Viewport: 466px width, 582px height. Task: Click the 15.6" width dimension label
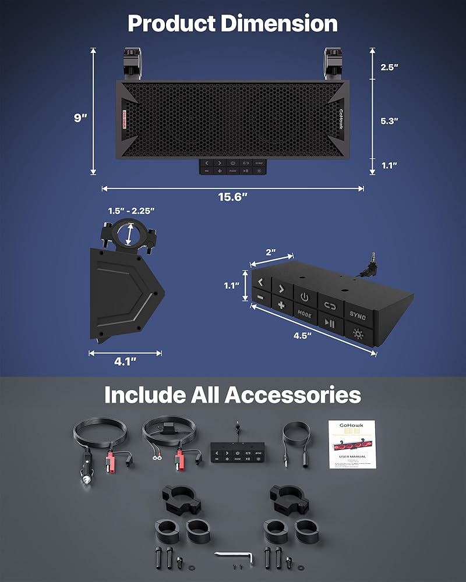233,197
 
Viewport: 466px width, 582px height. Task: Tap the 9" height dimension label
80,118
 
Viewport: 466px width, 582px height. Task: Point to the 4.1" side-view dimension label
125,361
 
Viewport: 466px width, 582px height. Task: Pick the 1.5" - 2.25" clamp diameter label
130,210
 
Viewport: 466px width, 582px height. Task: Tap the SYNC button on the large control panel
358,316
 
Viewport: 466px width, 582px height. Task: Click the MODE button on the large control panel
305,314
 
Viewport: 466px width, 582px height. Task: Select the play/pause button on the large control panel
330,324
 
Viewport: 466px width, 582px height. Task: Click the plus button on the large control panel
281,305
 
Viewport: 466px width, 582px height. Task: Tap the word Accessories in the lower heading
293,395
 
